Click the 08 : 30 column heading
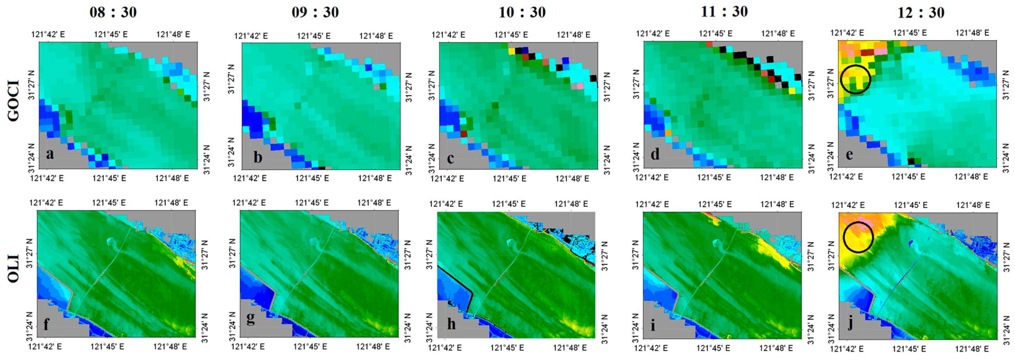pos(113,12)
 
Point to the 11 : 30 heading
pos(724,11)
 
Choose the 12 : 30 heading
pos(921,12)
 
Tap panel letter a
pos(50,154)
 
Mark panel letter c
pos(450,158)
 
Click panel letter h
pos(451,324)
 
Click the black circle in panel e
pos(855,79)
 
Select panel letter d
pos(655,154)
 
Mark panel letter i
pos(653,325)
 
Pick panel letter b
pos(258,158)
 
